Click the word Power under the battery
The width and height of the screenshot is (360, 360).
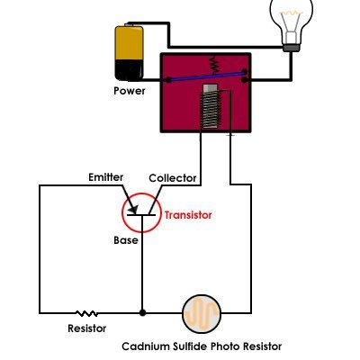[x=130, y=91]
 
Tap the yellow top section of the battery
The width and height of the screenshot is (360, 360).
[x=130, y=43]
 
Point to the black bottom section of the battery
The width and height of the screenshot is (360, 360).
[x=130, y=70]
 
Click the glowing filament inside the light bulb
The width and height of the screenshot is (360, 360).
[x=292, y=13]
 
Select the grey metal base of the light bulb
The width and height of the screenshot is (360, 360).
[x=292, y=48]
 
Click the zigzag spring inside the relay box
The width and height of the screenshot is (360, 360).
[x=214, y=64]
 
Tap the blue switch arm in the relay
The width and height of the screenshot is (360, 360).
[x=206, y=76]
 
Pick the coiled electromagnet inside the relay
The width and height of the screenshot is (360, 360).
[x=210, y=106]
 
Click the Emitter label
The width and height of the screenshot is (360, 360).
[x=106, y=177]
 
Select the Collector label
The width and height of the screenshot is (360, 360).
[x=173, y=178]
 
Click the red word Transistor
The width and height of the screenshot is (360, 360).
[x=188, y=215]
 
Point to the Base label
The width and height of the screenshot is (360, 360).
[x=126, y=240]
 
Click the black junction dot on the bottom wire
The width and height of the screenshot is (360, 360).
[x=142, y=312]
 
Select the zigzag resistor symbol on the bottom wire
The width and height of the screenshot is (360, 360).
[x=87, y=313]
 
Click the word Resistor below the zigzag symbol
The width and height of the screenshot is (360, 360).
[x=87, y=328]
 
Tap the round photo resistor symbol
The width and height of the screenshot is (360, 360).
[x=202, y=314]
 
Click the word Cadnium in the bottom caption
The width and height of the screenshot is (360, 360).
[x=146, y=346]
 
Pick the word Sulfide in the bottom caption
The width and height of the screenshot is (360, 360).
[x=190, y=346]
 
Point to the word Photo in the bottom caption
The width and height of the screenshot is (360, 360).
[x=225, y=346]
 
